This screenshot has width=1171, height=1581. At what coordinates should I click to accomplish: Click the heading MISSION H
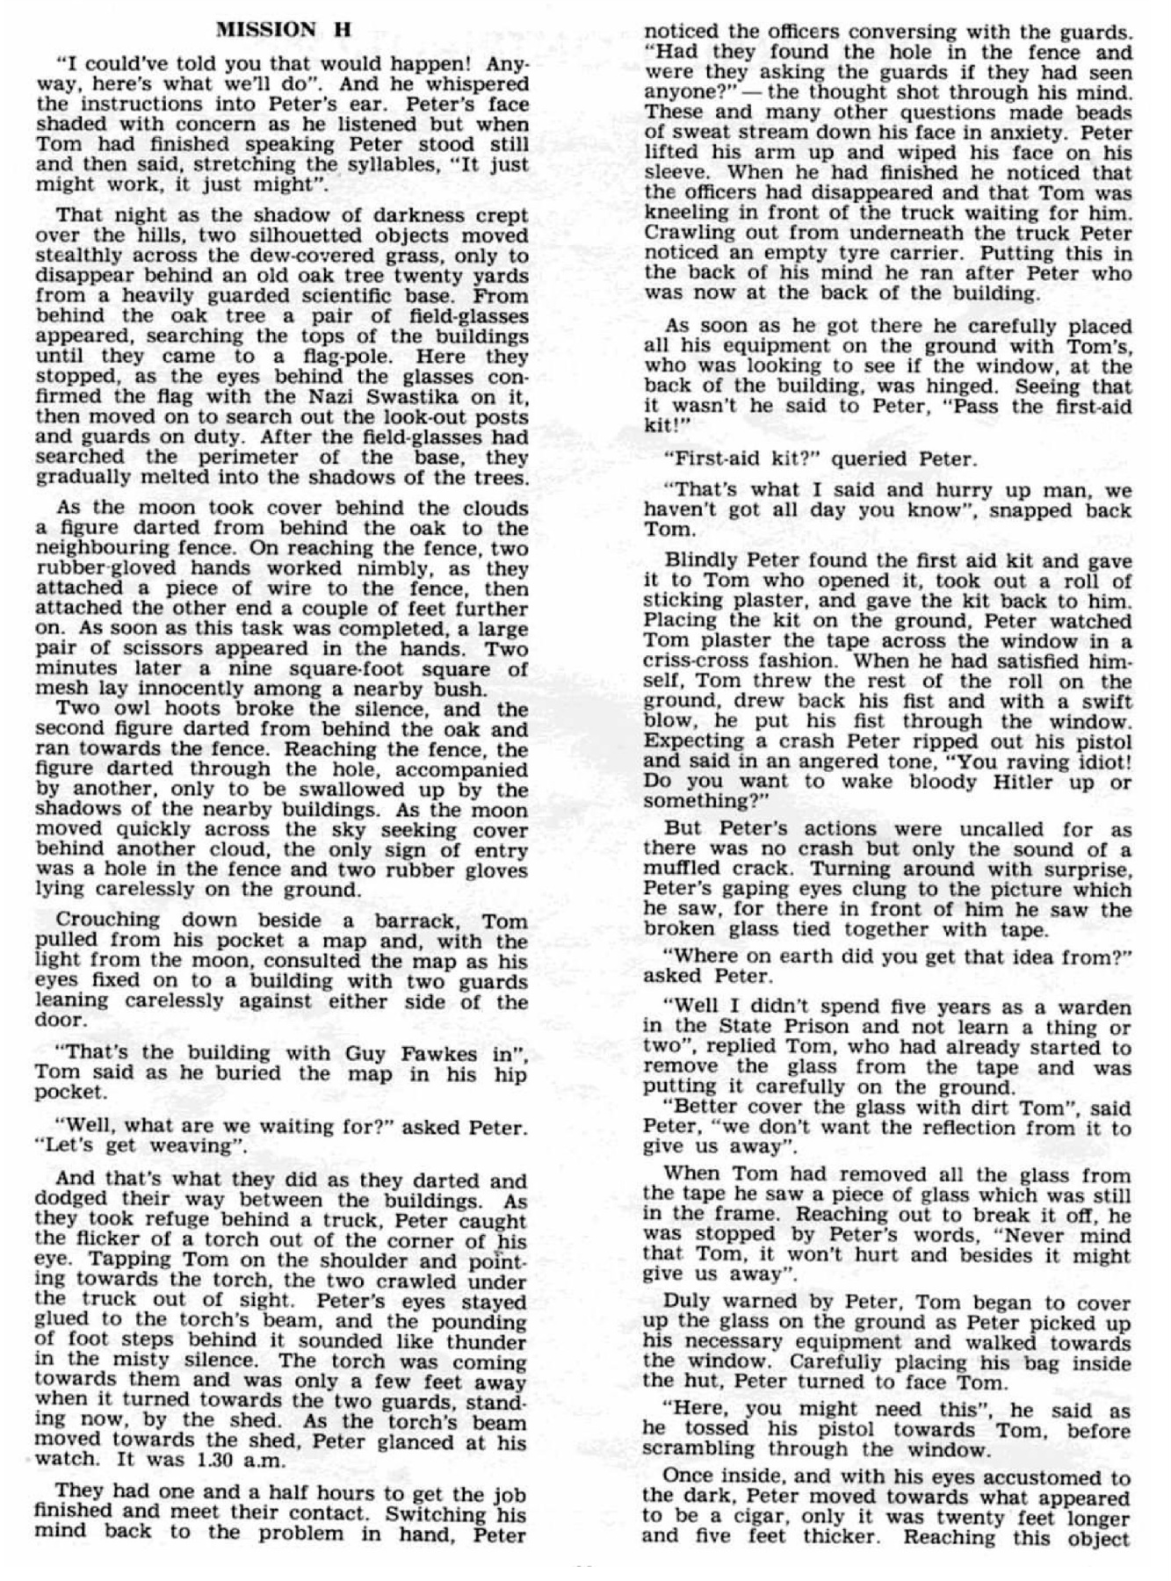point(283,29)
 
